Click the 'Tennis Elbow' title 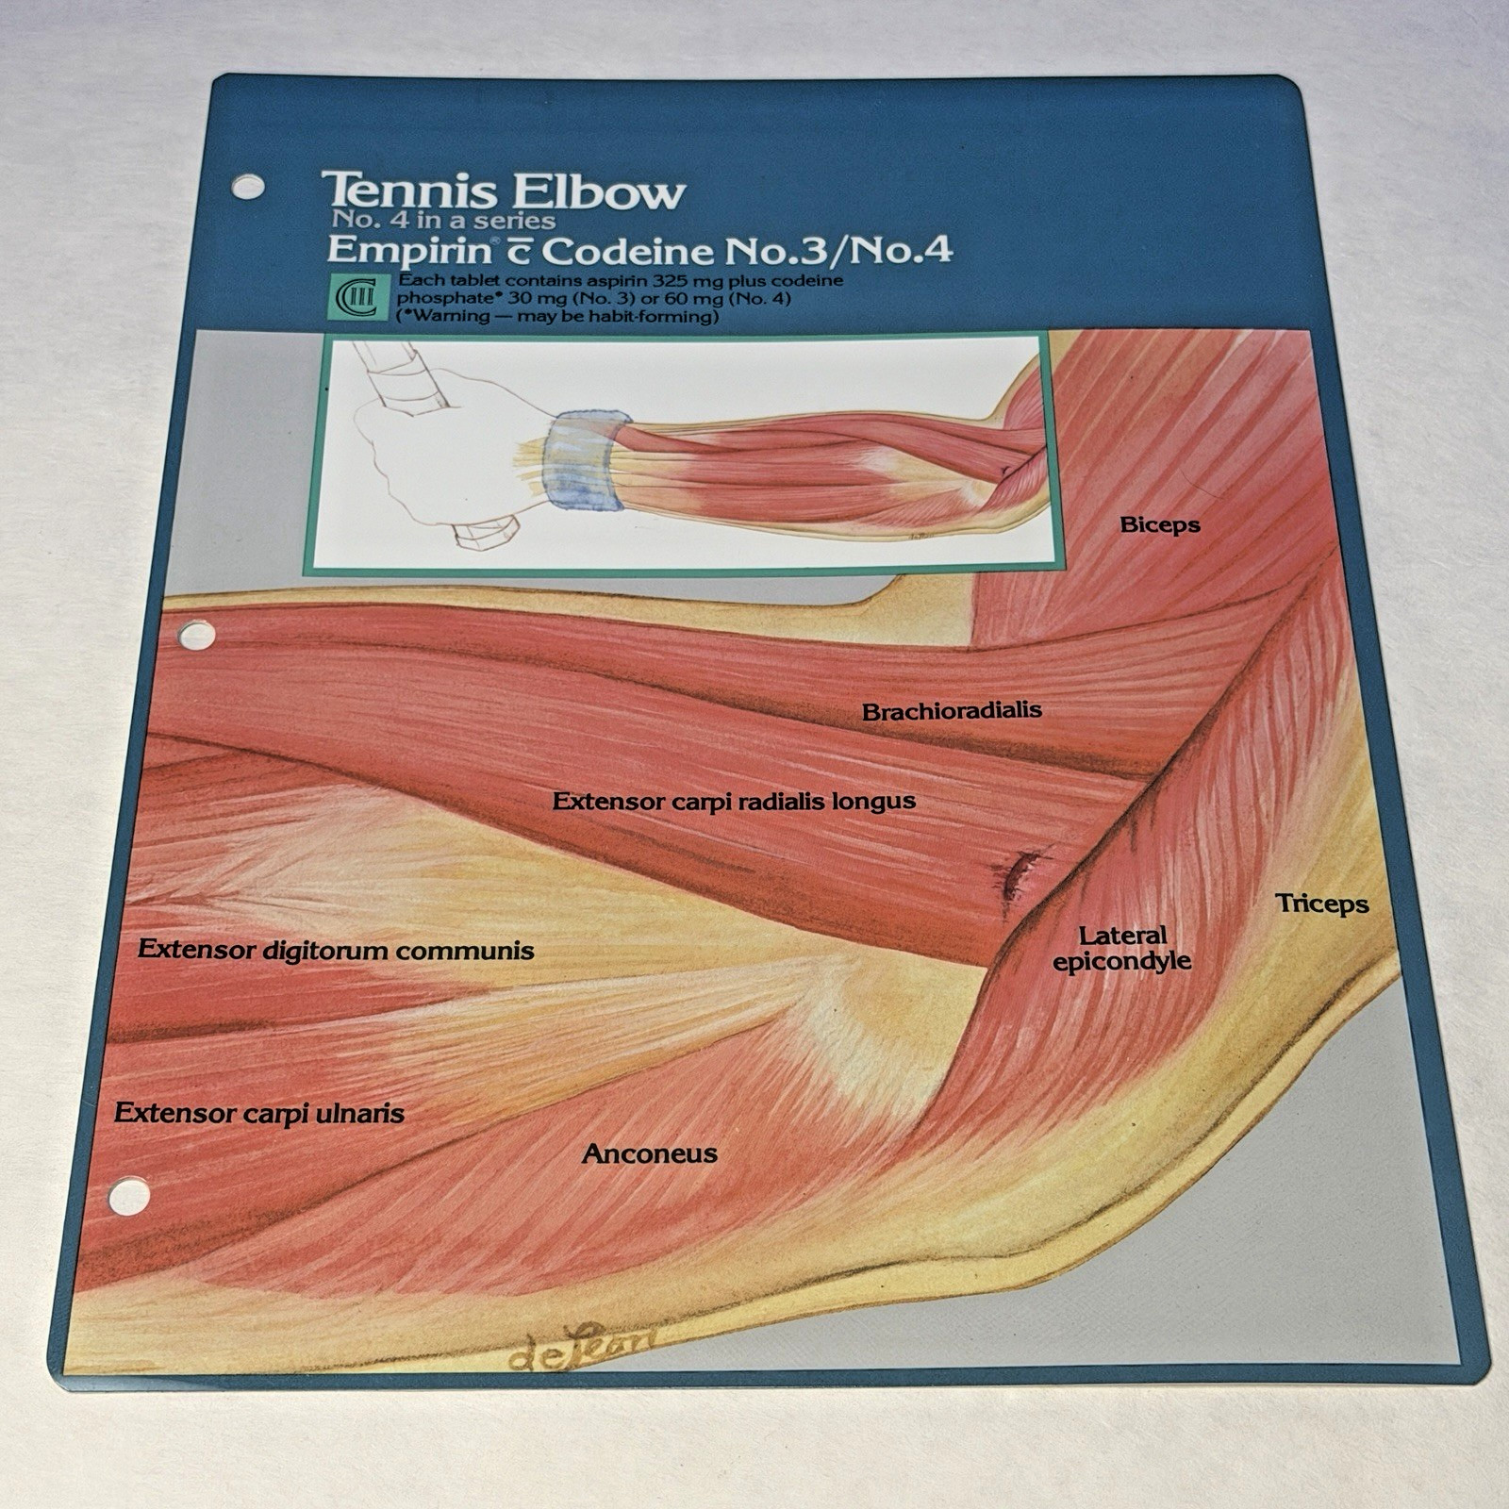coord(503,191)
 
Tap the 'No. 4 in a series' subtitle coord(443,221)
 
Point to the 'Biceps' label coord(1160,525)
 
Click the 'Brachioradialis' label coord(952,710)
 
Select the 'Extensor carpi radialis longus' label coord(734,802)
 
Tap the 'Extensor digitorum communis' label coord(336,950)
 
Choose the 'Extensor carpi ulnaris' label coord(259,1113)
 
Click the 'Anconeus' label coord(650,1153)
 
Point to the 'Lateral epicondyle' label coord(1122,949)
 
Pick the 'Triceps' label coord(1322,904)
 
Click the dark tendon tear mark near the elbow coord(1017,872)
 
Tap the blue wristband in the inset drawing coord(582,459)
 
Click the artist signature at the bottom coord(582,1346)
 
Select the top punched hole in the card coord(247,186)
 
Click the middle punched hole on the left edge coord(196,635)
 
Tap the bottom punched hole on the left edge coord(129,1197)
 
